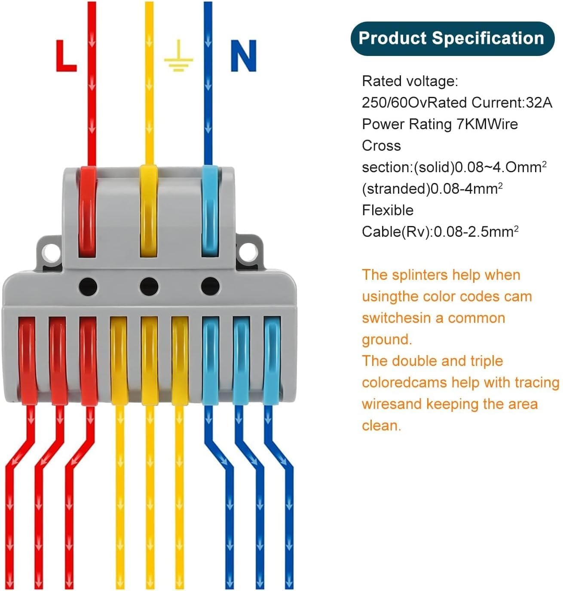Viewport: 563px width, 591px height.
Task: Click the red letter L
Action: (x=66, y=56)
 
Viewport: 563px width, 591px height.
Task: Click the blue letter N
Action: (x=244, y=56)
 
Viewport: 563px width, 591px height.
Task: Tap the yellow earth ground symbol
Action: (x=178, y=56)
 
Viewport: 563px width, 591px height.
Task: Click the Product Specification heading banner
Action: (x=452, y=38)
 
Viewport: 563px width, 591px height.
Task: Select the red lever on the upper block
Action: (x=87, y=212)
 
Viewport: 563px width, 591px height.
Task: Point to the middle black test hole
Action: (x=149, y=286)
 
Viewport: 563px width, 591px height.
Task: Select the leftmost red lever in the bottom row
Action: (x=27, y=360)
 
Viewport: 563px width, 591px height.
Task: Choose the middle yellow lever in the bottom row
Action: (x=150, y=361)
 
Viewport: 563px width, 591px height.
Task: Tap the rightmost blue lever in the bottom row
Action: (x=272, y=361)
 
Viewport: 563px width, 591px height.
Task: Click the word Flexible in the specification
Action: (x=388, y=210)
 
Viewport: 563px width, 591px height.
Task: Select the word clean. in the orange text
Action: (x=381, y=426)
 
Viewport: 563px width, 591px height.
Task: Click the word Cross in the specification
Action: (x=381, y=146)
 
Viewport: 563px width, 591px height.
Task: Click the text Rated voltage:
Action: (x=410, y=81)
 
